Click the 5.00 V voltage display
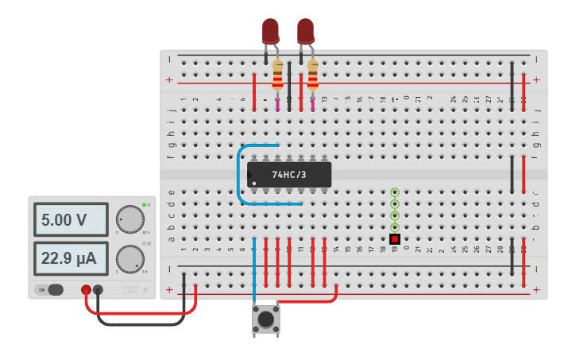pyautogui.click(x=70, y=219)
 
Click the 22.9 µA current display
pyautogui.click(x=70, y=258)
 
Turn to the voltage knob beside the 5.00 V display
pyautogui.click(x=130, y=219)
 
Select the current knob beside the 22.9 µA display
pyautogui.click(x=130, y=259)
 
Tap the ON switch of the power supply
pyautogui.click(x=51, y=290)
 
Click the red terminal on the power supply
pyautogui.click(x=86, y=290)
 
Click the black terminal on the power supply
pyautogui.click(x=98, y=290)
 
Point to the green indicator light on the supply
pyautogui.click(x=144, y=205)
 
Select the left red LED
pyautogui.click(x=270, y=31)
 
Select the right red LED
pyautogui.click(x=305, y=31)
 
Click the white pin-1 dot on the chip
pyautogui.click(x=254, y=184)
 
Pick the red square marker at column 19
pyautogui.click(x=394, y=239)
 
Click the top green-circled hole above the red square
pyautogui.click(x=394, y=192)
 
